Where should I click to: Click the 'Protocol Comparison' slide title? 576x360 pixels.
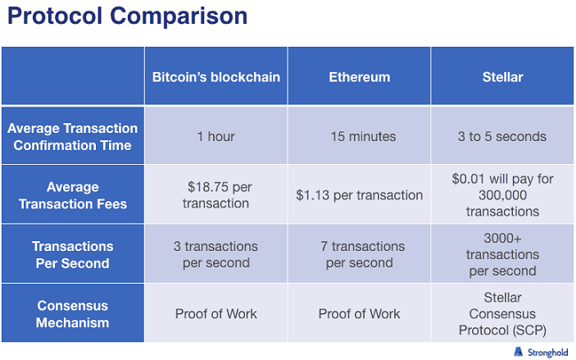click(x=128, y=16)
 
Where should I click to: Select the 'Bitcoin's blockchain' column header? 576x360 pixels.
click(x=216, y=77)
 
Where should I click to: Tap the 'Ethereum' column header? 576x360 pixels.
click(x=359, y=77)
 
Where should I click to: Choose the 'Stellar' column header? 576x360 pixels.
click(x=502, y=77)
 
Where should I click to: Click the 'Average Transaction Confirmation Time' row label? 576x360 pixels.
click(x=72, y=136)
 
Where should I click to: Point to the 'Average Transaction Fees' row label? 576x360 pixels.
click(x=72, y=195)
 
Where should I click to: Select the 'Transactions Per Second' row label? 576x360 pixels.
click(x=72, y=254)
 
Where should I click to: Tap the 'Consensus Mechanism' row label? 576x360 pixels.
click(x=72, y=314)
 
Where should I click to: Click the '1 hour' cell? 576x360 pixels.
click(x=216, y=136)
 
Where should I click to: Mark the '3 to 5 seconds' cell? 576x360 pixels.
click(x=502, y=136)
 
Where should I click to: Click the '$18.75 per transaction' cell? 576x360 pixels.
click(x=216, y=195)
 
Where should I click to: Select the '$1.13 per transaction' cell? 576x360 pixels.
click(x=359, y=195)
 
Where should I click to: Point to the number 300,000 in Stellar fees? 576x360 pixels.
click(x=502, y=195)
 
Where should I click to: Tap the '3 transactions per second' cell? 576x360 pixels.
click(x=216, y=254)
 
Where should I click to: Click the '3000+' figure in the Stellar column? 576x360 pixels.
click(x=502, y=239)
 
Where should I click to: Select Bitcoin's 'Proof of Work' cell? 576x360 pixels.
click(x=216, y=313)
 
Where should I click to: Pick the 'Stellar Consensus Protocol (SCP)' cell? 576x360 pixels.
click(x=502, y=313)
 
